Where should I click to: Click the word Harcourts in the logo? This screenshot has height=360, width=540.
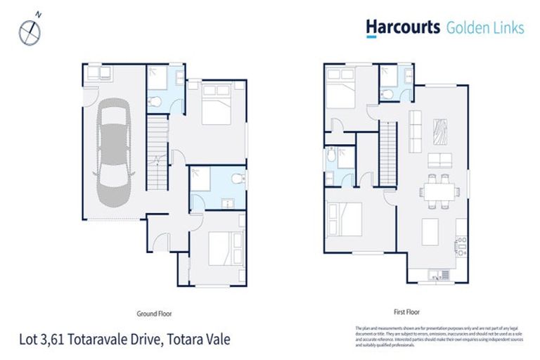(402, 27)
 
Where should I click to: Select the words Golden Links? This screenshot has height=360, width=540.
(484, 28)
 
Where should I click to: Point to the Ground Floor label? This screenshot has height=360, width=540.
(155, 314)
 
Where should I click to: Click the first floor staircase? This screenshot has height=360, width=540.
(389, 153)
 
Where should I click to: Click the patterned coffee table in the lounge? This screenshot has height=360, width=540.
(441, 131)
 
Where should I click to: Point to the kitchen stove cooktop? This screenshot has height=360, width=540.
(461, 246)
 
